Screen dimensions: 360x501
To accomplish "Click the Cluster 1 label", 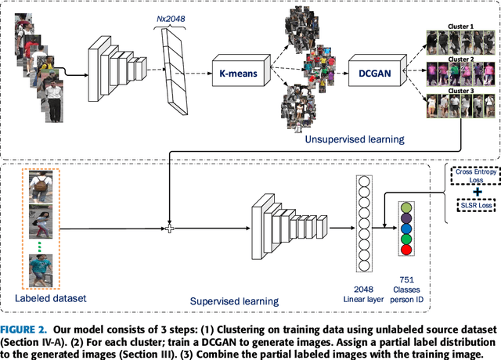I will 460,26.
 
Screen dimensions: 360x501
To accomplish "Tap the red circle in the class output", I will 405,250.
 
